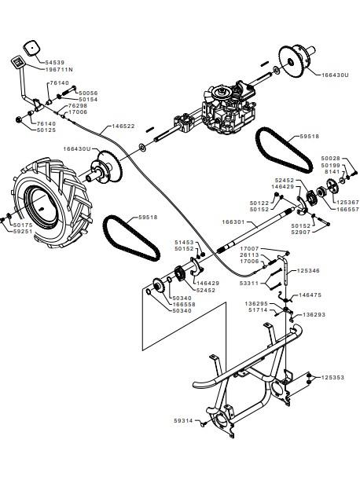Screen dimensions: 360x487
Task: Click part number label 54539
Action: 55,63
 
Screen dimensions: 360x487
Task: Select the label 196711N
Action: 59,70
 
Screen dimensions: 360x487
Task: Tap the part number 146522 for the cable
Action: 123,126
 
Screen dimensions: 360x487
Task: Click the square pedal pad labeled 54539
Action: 32,48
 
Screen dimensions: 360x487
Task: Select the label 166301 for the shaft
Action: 233,222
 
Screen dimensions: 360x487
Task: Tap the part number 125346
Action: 308,271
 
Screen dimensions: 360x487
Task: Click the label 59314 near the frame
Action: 183,421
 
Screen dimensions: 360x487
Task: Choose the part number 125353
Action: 332,378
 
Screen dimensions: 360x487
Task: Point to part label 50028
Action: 330,159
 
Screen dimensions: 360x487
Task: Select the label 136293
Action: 314,315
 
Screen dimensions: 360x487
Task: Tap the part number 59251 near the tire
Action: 23,232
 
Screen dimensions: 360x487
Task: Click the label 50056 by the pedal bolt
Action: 88,93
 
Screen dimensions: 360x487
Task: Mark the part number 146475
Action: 310,295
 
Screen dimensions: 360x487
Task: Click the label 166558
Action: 184,305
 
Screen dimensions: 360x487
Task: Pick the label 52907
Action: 301,232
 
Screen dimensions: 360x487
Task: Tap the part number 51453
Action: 184,242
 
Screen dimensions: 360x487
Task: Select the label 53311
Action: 249,284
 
